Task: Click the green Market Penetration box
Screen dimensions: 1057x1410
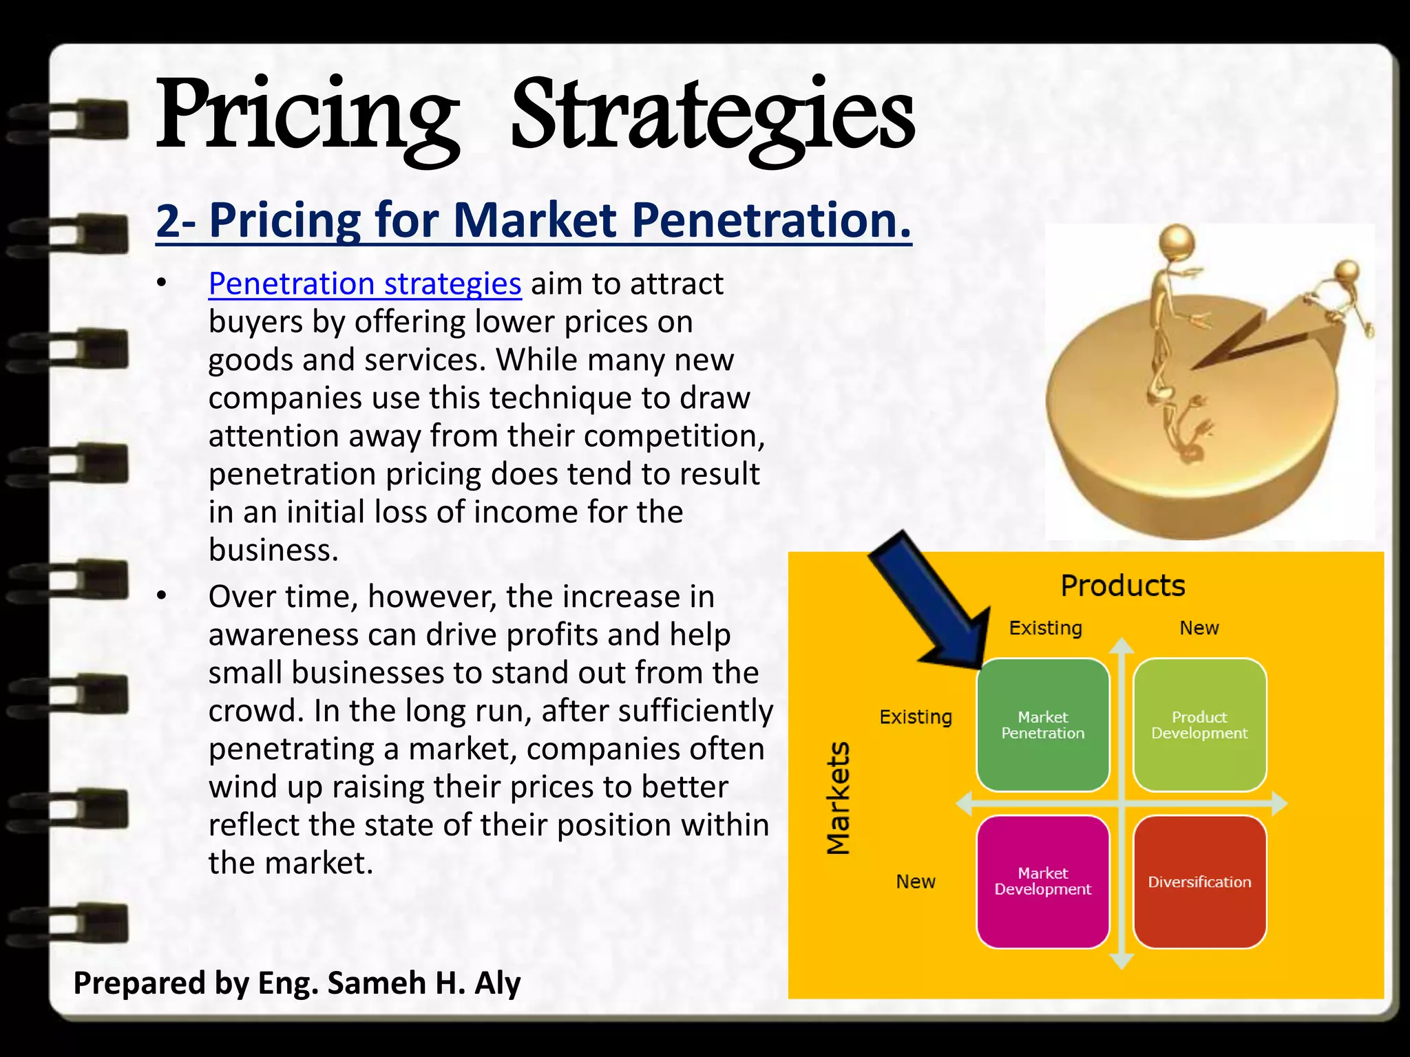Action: coord(1042,725)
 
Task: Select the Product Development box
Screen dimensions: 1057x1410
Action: coord(1199,725)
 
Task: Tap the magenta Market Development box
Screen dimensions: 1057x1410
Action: coord(1042,881)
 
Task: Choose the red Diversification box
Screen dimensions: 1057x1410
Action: coord(1199,882)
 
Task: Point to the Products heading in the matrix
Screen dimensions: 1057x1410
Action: coord(1122,586)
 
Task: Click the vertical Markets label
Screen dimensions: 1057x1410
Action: coord(838,798)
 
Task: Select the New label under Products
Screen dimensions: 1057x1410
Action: coord(1199,628)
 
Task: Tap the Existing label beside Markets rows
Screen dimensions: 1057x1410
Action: coord(915,717)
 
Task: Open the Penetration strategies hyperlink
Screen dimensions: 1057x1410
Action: coord(365,284)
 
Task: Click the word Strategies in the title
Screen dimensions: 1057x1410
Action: coord(712,117)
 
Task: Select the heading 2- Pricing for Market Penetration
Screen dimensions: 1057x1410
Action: coord(534,220)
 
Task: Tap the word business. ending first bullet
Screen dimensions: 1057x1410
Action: coord(273,550)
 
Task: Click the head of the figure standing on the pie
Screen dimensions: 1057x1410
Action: coord(1178,242)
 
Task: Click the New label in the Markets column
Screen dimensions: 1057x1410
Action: coord(915,882)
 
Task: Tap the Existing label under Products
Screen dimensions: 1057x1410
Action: coord(1045,628)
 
